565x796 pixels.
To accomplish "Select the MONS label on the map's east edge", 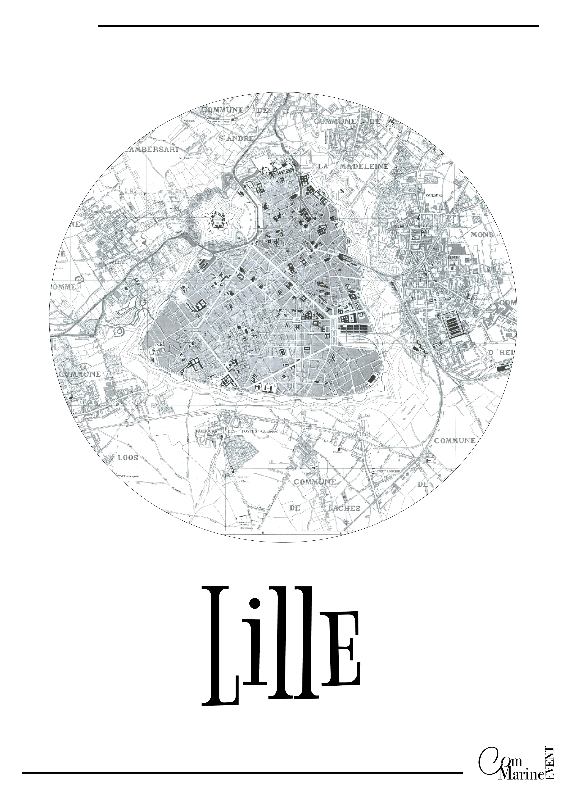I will [x=482, y=235].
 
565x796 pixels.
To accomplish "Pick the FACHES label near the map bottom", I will [x=344, y=508].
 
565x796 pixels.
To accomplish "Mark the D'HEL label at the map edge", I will [x=501, y=353].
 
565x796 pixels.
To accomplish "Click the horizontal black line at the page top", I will [x=318, y=26].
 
